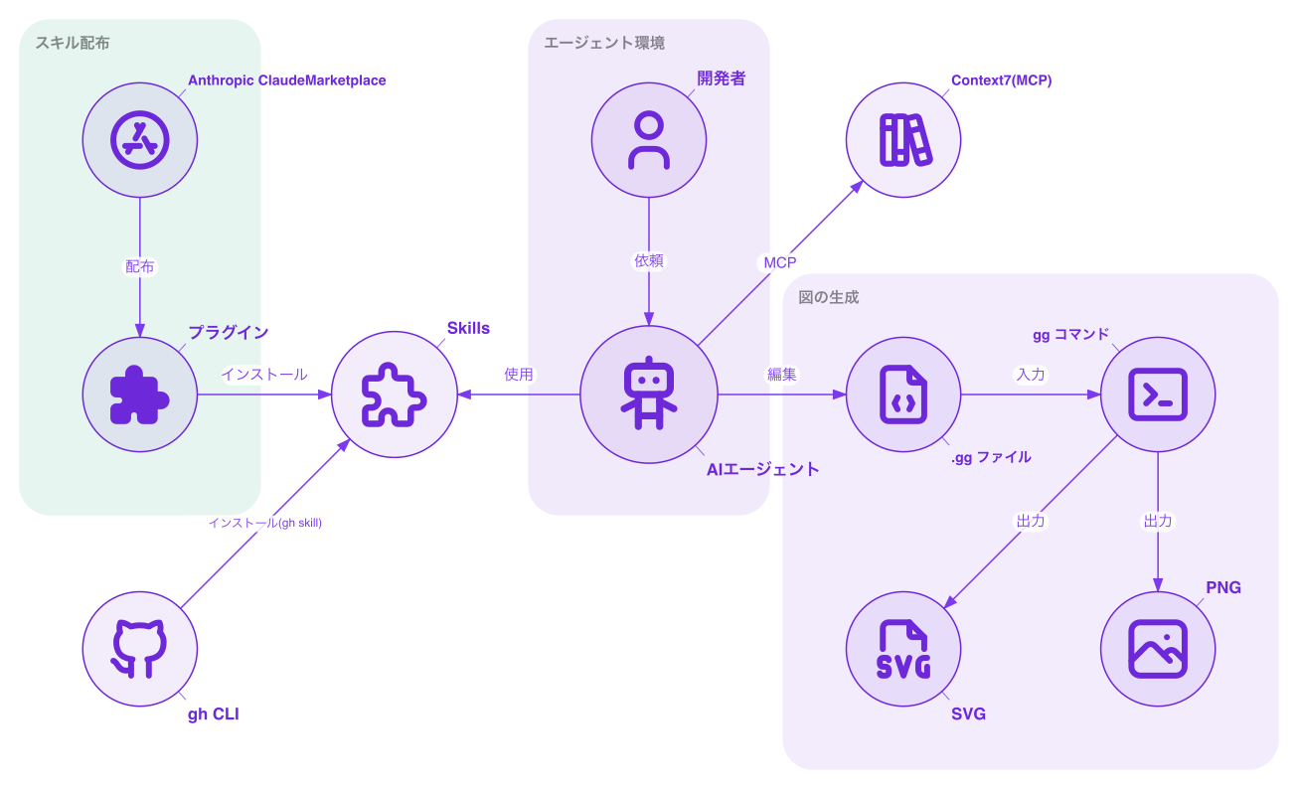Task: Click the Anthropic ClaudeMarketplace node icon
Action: point(139,139)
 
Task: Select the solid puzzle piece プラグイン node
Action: point(139,394)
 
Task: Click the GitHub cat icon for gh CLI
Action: point(139,649)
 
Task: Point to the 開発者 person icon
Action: point(648,139)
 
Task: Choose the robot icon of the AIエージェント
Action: point(648,394)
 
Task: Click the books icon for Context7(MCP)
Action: point(902,139)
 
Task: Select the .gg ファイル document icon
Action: point(902,394)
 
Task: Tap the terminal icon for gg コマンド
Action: point(1158,394)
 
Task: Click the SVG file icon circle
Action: point(902,649)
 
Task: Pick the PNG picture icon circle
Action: point(1158,649)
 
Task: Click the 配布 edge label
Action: point(139,266)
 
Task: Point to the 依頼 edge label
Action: point(648,260)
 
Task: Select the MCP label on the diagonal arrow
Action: point(779,262)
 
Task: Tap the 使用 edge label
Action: point(518,375)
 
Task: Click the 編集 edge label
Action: point(781,375)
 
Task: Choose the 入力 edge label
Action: point(1030,375)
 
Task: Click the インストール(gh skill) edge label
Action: point(264,523)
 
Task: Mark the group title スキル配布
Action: point(73,43)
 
